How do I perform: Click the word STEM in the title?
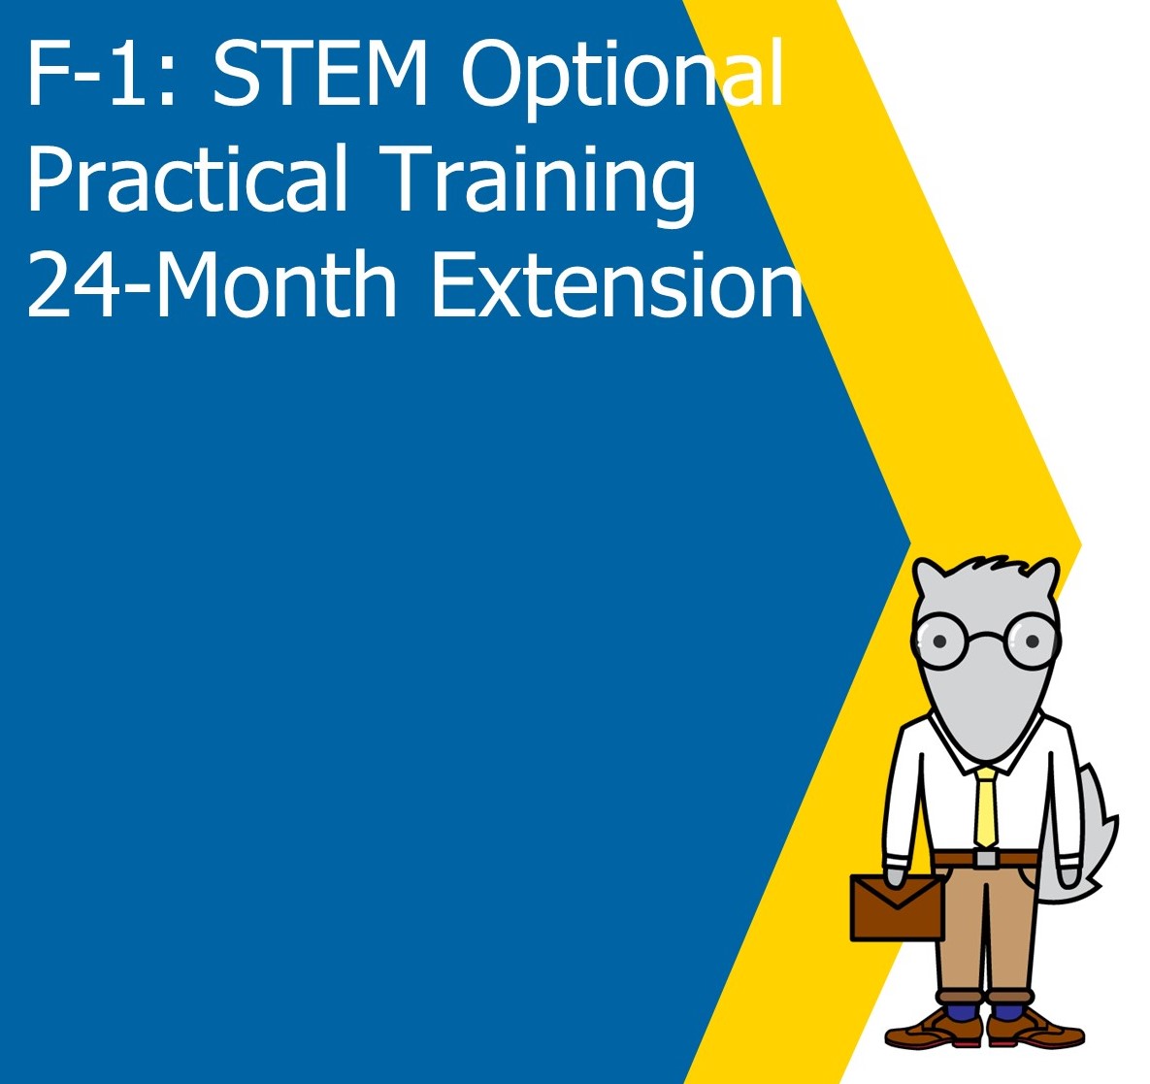click(320, 75)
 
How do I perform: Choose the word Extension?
click(617, 285)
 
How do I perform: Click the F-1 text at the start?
click(88, 75)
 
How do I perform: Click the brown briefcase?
click(897, 907)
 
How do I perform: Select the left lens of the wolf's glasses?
click(938, 641)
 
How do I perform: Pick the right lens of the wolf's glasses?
click(1031, 641)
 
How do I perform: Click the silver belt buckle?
click(986, 858)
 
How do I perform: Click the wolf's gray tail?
click(1093, 835)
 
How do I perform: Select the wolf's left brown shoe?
click(928, 1029)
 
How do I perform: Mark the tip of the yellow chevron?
click(1079, 543)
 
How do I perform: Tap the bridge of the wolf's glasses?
click(985, 638)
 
